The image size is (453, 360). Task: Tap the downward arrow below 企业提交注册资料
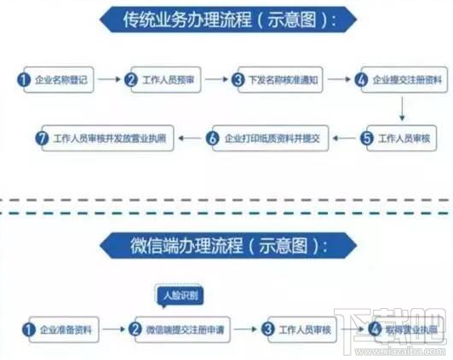click(399, 107)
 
